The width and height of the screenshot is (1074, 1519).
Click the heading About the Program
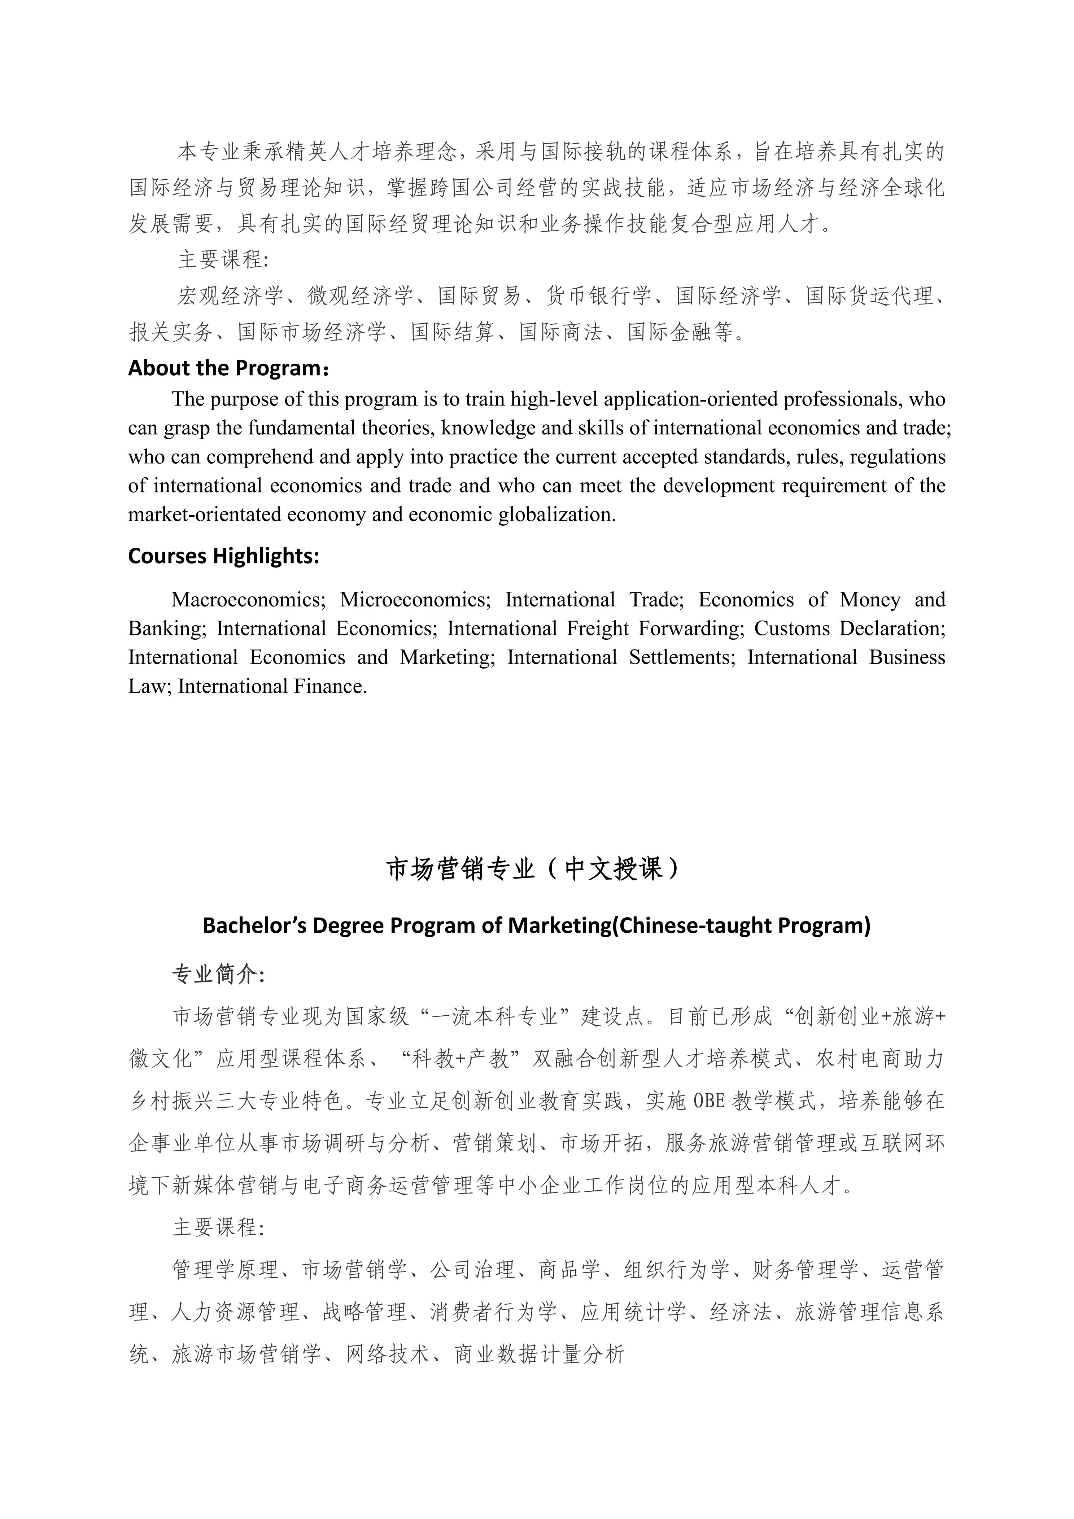coord(228,368)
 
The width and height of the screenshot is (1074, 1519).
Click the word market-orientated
coord(204,515)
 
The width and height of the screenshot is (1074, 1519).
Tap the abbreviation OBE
coord(708,1101)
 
